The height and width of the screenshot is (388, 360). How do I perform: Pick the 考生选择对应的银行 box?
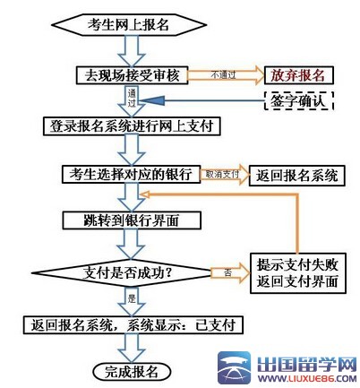133,172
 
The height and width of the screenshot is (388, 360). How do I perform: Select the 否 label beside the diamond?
227,269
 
